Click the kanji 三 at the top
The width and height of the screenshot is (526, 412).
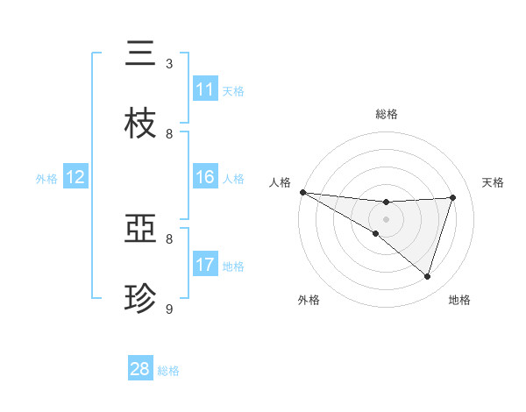coord(140,53)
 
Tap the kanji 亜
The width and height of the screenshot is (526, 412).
coord(140,230)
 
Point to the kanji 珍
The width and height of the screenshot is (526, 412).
coord(140,299)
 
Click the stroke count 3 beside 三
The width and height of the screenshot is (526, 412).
coord(169,64)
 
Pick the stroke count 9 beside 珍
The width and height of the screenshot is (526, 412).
coord(169,309)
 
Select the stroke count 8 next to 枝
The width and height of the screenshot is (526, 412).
coord(169,134)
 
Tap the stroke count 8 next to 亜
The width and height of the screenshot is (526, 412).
coord(169,238)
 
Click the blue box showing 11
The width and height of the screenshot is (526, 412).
coord(205,89)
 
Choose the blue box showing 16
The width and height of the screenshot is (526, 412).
coord(205,177)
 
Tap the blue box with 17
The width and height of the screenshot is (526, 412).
coord(205,265)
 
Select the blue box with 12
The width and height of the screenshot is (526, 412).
coord(75,177)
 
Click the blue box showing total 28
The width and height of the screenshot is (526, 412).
coord(140,369)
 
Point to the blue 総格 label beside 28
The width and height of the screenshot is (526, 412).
coord(168,371)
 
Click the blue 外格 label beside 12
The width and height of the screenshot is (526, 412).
coord(46,179)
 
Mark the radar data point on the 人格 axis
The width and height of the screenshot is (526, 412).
coord(302,191)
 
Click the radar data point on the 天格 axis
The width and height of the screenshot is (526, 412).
coord(453,197)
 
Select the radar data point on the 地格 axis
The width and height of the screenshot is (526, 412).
coord(428,276)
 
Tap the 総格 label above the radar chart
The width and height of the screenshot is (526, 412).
coord(386,114)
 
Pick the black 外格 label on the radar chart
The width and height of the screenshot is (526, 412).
coord(309,300)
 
